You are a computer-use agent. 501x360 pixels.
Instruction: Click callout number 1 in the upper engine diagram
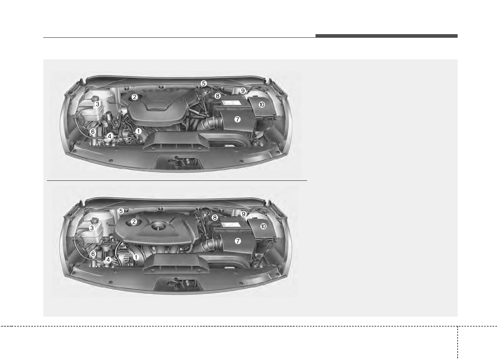(138, 131)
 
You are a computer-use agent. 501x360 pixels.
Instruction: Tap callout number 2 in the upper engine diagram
(134, 97)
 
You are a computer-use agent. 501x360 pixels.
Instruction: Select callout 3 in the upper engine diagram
(97, 104)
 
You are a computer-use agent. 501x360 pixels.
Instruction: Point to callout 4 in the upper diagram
(109, 136)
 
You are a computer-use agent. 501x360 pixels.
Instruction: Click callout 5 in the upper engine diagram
(204, 84)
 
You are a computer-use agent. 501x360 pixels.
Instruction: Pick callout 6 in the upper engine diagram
(93, 132)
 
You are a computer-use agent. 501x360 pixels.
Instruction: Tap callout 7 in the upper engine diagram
(237, 119)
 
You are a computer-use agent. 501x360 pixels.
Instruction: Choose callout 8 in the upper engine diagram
(218, 96)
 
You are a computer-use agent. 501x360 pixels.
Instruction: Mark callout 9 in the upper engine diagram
(242, 91)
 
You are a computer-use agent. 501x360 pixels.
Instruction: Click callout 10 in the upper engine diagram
(262, 104)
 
